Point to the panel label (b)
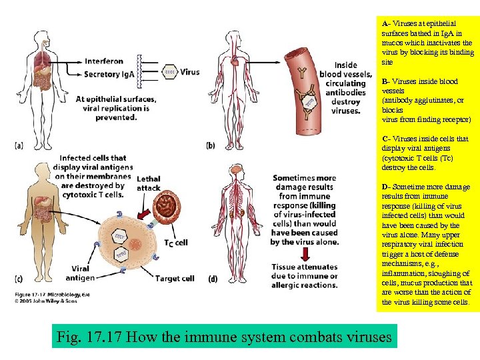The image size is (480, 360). point(211,145)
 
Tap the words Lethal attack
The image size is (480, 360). point(148,183)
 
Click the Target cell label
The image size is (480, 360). point(175,278)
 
